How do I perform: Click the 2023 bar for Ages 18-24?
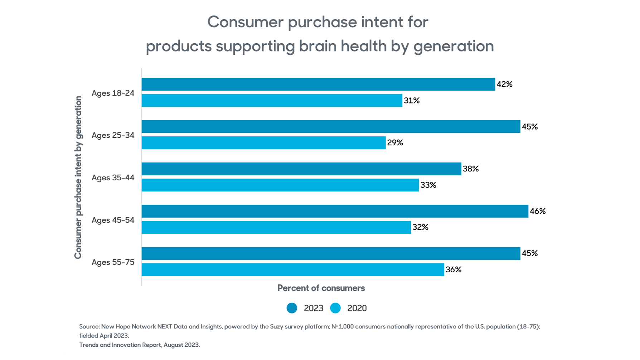(x=318, y=84)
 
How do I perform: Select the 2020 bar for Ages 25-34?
(x=263, y=143)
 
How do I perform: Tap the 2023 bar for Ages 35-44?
(x=301, y=169)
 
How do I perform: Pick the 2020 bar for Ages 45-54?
(x=276, y=227)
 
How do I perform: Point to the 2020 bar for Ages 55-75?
(x=293, y=269)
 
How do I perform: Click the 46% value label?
(x=538, y=211)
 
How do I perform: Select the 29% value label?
(x=395, y=143)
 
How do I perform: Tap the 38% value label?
(x=471, y=169)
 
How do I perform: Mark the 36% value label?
(x=454, y=269)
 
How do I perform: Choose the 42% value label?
(x=505, y=84)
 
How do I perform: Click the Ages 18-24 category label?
(x=113, y=93)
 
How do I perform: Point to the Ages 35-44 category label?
(x=113, y=178)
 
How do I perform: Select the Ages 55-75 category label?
(x=113, y=262)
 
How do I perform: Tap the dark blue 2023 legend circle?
(x=292, y=308)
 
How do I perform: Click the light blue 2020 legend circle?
(x=335, y=308)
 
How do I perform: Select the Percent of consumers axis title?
(x=321, y=288)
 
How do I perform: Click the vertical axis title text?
(x=78, y=177)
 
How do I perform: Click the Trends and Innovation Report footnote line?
(x=140, y=345)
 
